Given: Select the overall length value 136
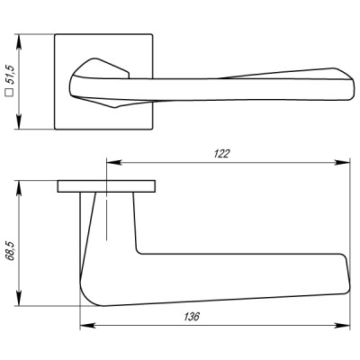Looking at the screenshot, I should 190,317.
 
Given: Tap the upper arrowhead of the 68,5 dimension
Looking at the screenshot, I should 19,187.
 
